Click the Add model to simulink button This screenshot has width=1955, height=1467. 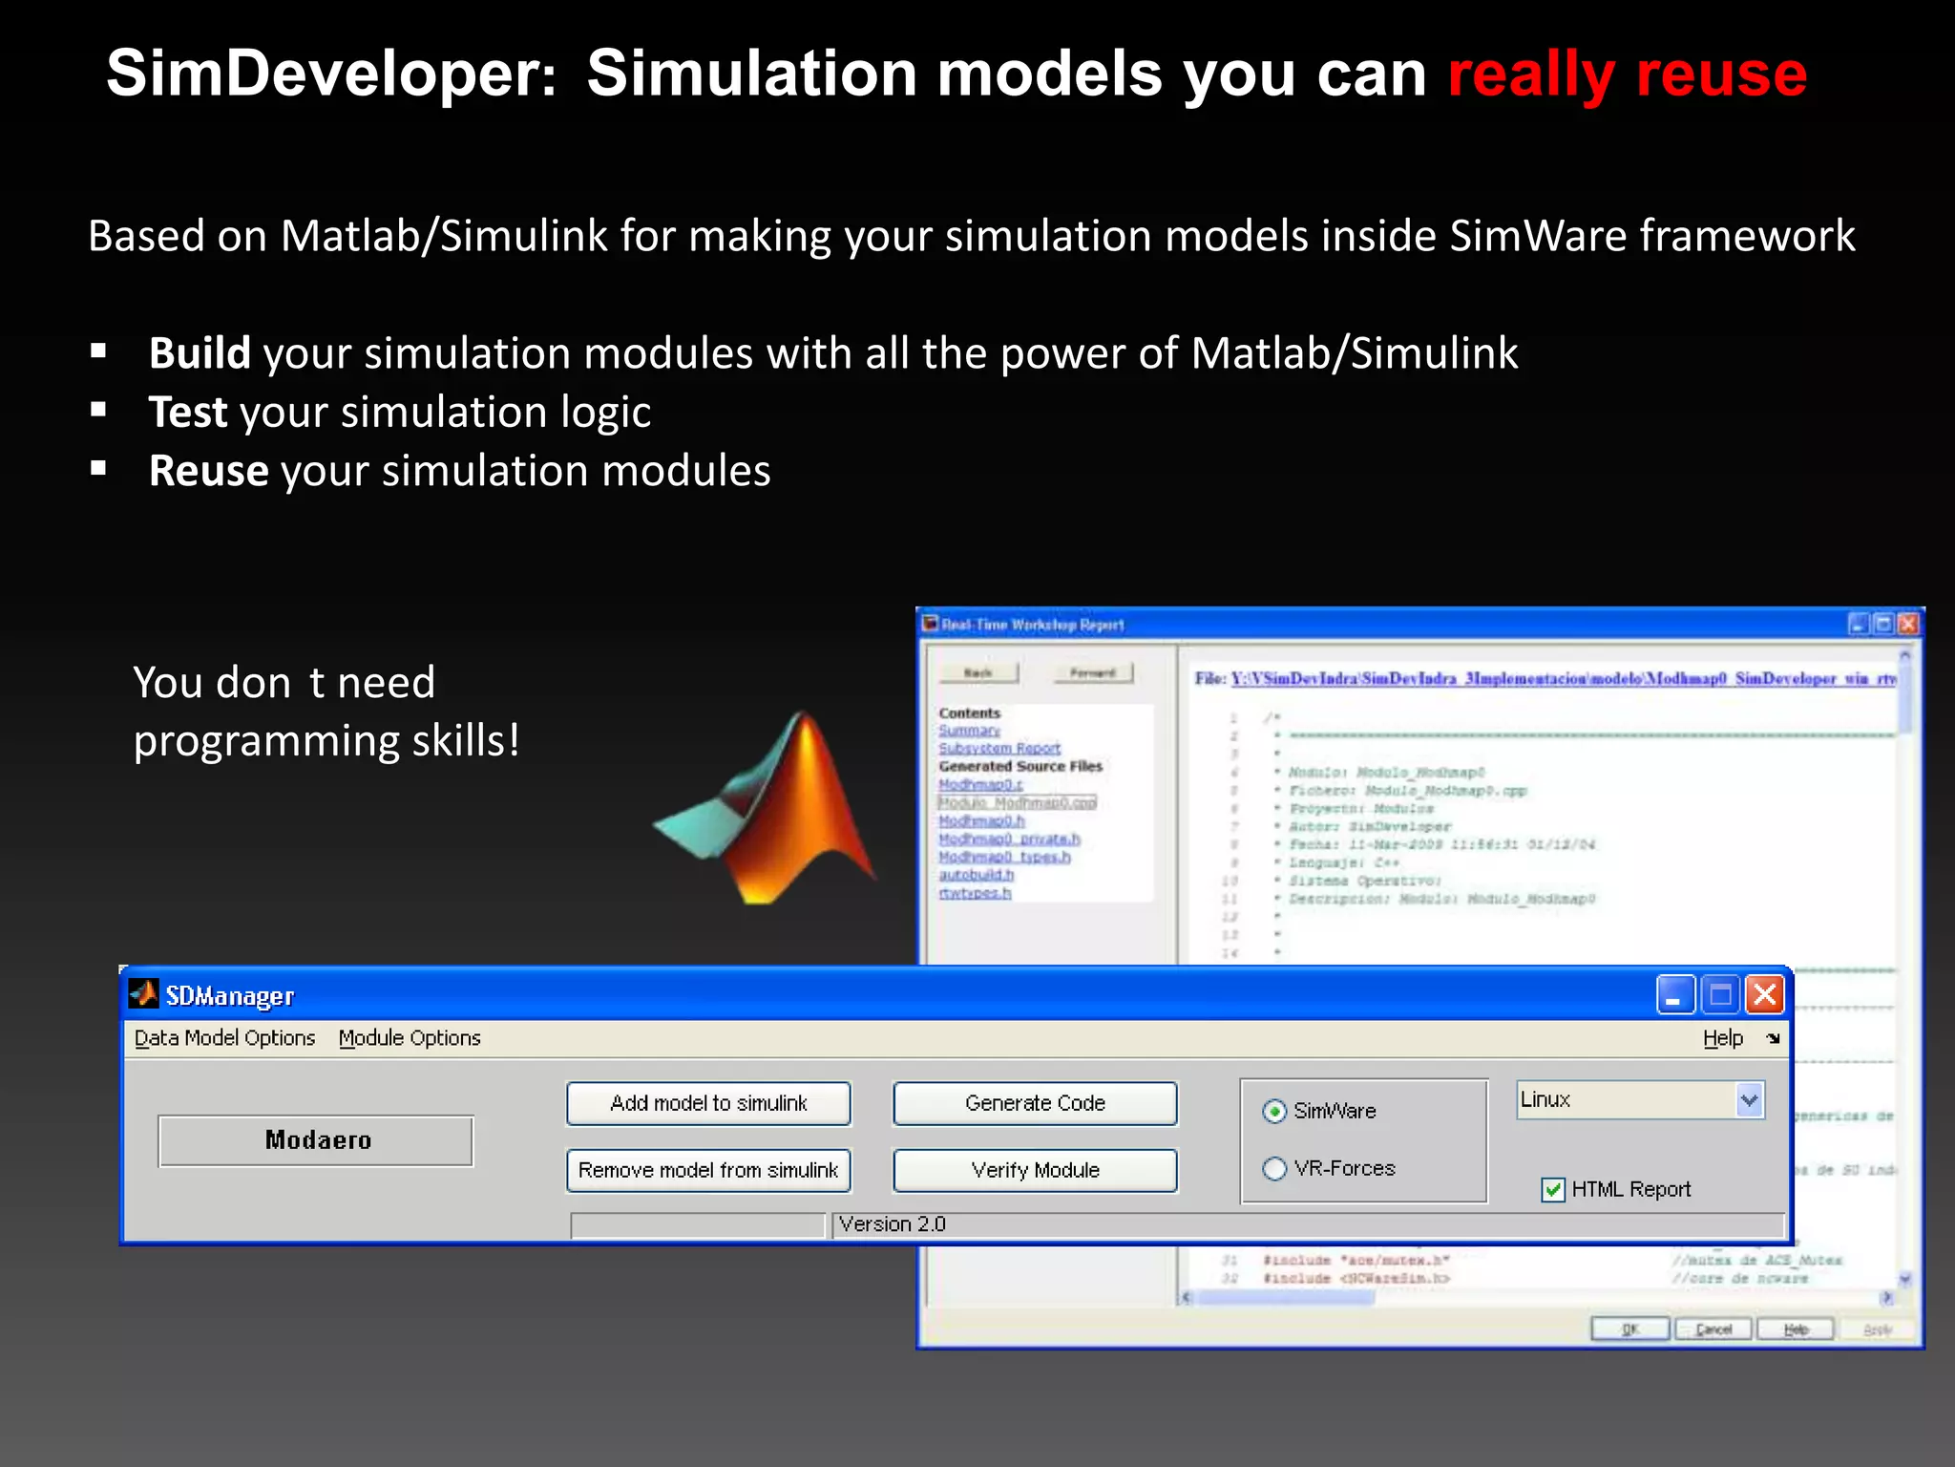click(708, 1103)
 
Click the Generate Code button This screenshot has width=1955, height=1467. click(1035, 1103)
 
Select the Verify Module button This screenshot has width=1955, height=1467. click(1035, 1170)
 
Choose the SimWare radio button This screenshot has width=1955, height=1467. click(1274, 1112)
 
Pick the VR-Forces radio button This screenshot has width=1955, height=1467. click(1274, 1169)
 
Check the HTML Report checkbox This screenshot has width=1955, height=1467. click(1553, 1190)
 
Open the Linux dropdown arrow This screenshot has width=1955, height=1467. click(1749, 1100)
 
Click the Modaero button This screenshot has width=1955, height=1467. click(316, 1140)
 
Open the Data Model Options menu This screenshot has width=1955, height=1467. click(224, 1038)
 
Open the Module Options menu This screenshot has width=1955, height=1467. click(410, 1038)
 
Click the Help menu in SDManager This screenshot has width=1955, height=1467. click(1722, 1038)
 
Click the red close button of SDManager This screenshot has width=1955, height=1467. click(1765, 995)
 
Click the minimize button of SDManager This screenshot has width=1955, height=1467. click(1674, 995)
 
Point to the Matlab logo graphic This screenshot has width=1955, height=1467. click(773, 812)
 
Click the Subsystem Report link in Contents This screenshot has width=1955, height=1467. click(999, 748)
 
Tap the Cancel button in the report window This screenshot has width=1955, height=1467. click(1713, 1329)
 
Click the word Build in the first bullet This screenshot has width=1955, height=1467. click(200, 353)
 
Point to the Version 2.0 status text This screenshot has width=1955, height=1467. click(892, 1224)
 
